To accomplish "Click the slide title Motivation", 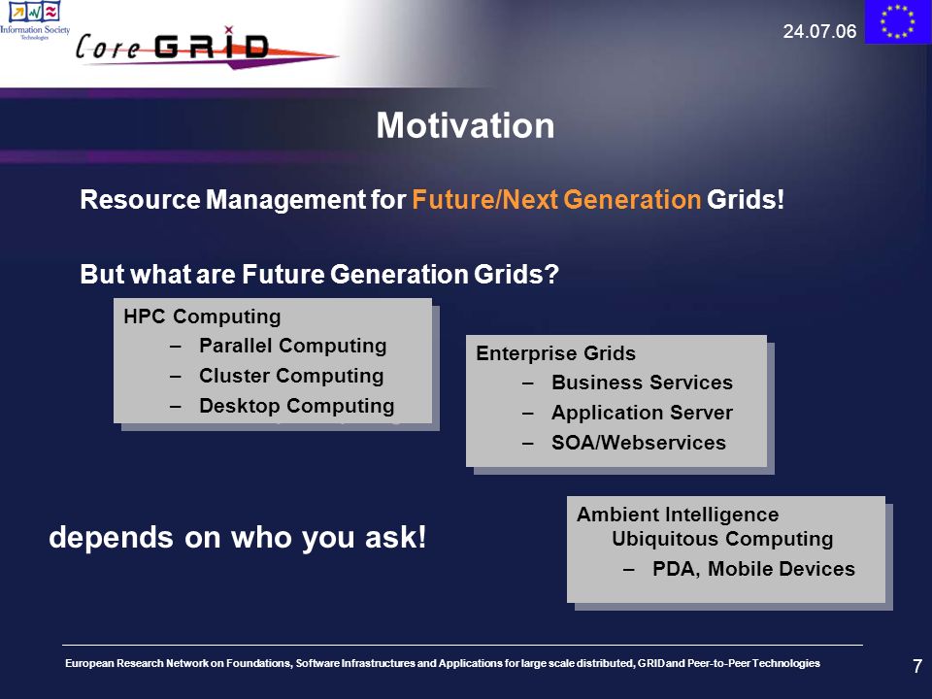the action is tap(465, 125).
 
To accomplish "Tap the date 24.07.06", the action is tap(819, 31).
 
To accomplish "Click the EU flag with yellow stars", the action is tap(897, 21).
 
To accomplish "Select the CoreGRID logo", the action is tap(206, 48).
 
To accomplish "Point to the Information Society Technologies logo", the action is tap(35, 20).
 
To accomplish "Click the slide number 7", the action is tap(917, 666).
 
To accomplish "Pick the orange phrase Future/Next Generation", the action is tap(556, 199).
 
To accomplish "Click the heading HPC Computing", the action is tap(202, 316).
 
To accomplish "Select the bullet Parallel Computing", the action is tap(293, 346).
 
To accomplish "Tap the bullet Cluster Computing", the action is tap(291, 376).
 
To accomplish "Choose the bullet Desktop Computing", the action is tap(297, 406).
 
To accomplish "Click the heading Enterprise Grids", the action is tap(555, 353).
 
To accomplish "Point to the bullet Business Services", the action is tap(642, 383).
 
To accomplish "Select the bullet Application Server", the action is tap(642, 413).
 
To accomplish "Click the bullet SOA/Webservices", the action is tap(639, 443).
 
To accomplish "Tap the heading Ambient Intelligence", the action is tap(678, 515).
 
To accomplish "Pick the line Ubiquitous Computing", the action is tap(722, 539).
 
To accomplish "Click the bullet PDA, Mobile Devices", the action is tap(753, 569).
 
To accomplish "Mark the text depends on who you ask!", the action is tap(238, 537).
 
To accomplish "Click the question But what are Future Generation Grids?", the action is tap(319, 274).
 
